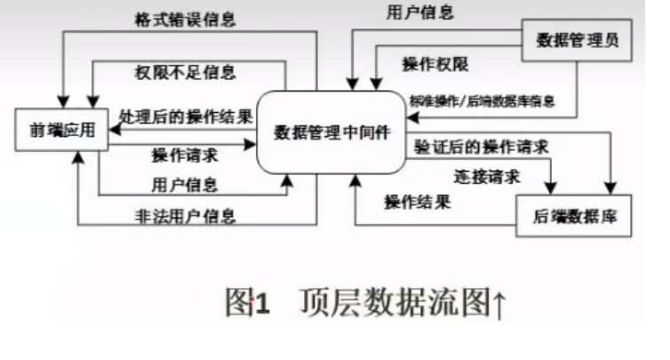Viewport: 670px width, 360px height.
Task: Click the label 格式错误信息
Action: [184, 19]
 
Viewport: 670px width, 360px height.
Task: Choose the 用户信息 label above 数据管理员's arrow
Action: [420, 12]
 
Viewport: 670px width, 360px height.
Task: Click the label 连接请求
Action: [485, 176]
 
